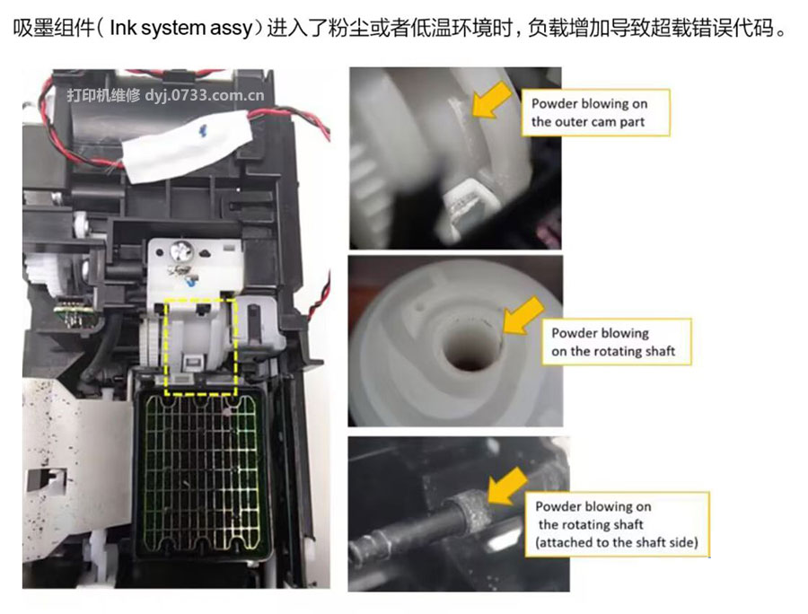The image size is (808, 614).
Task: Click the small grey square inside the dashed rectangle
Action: point(191,363)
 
